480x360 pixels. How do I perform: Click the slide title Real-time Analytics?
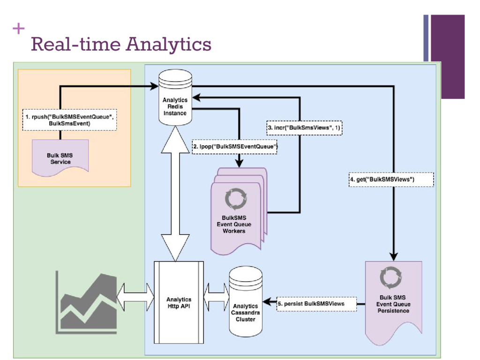coord(120,45)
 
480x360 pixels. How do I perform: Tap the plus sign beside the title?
coord(19,29)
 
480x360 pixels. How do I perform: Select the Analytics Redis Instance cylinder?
coord(175,97)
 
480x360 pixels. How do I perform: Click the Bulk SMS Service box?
coord(60,158)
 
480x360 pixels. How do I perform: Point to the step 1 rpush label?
coord(69,120)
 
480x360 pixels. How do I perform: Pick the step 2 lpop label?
coord(235,147)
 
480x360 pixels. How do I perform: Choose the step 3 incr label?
coord(304,127)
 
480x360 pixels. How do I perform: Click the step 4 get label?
coord(391,179)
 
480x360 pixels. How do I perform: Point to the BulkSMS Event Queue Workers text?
coord(234,224)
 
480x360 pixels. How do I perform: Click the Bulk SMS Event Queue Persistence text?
coord(393,304)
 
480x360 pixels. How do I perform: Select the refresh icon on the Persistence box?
coord(390,277)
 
